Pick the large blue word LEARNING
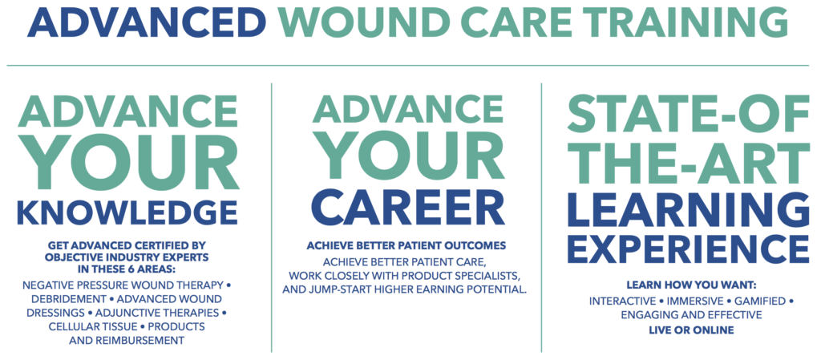click(x=688, y=209)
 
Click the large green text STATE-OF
click(x=688, y=114)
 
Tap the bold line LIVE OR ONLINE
click(x=691, y=330)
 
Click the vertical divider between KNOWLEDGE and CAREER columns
click(x=271, y=217)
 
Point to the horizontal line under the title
click(x=408, y=66)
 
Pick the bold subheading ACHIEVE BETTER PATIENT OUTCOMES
click(x=406, y=245)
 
